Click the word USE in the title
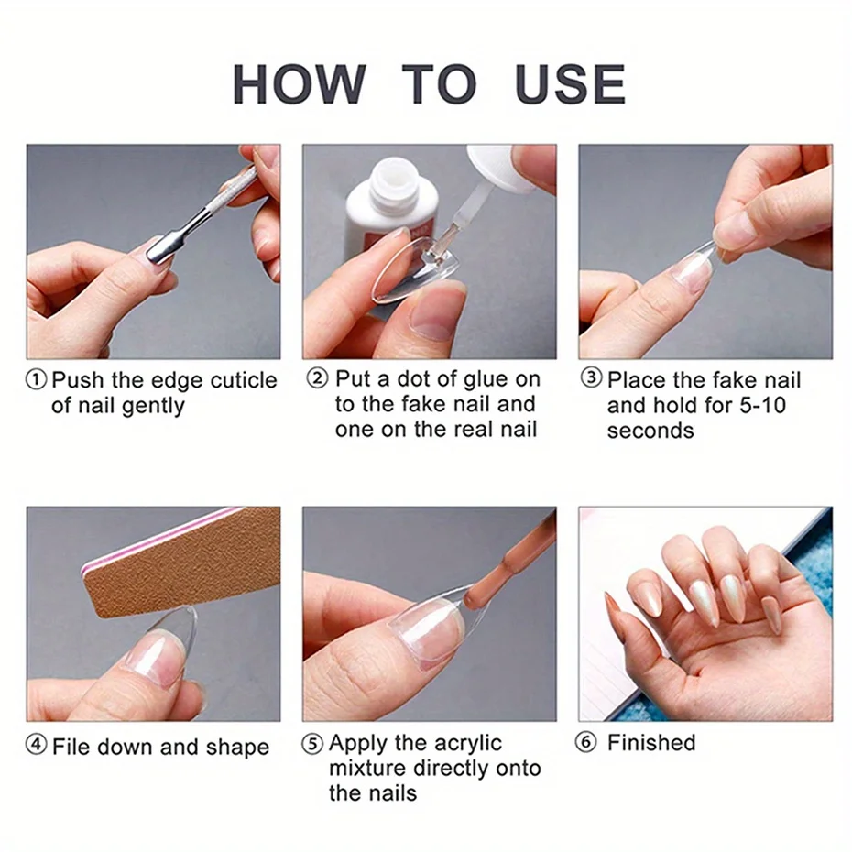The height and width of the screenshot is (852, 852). pyautogui.click(x=570, y=84)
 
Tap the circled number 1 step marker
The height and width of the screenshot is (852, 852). pyautogui.click(x=37, y=380)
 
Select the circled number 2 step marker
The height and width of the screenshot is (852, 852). pyautogui.click(x=316, y=379)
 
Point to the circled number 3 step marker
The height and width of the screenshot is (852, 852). pyautogui.click(x=592, y=379)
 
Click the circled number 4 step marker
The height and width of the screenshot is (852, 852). pyautogui.click(x=37, y=746)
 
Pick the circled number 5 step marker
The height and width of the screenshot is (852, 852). pyautogui.click(x=312, y=744)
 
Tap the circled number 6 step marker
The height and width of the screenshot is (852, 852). pyautogui.click(x=586, y=742)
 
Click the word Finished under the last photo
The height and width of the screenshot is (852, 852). pyautogui.click(x=651, y=742)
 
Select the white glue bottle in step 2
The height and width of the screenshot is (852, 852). pyautogui.click(x=385, y=211)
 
